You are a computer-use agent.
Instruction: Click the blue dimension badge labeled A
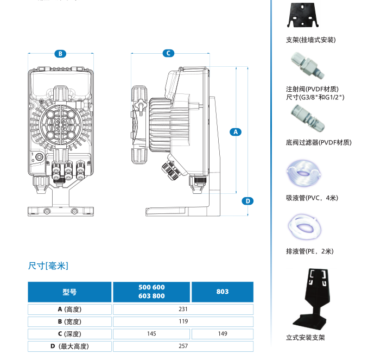235,132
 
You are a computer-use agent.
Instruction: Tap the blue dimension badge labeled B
60,53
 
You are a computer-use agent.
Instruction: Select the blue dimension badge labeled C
168,53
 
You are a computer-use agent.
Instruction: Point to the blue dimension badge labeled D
248,201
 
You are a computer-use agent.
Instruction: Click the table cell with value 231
183,310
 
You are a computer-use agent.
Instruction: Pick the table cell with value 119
183,321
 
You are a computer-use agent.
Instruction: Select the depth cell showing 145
152,334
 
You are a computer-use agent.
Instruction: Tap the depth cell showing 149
223,334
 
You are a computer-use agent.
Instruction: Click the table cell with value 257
183,346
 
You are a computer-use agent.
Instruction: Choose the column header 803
223,292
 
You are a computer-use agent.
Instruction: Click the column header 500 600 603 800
152,292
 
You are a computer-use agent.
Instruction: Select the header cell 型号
69,292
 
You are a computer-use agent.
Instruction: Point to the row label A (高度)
69,310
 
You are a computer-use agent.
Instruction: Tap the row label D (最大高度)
69,346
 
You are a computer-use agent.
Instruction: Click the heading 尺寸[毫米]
48,266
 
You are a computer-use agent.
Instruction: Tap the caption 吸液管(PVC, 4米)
312,198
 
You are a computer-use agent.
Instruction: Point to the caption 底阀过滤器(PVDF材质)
318,142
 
